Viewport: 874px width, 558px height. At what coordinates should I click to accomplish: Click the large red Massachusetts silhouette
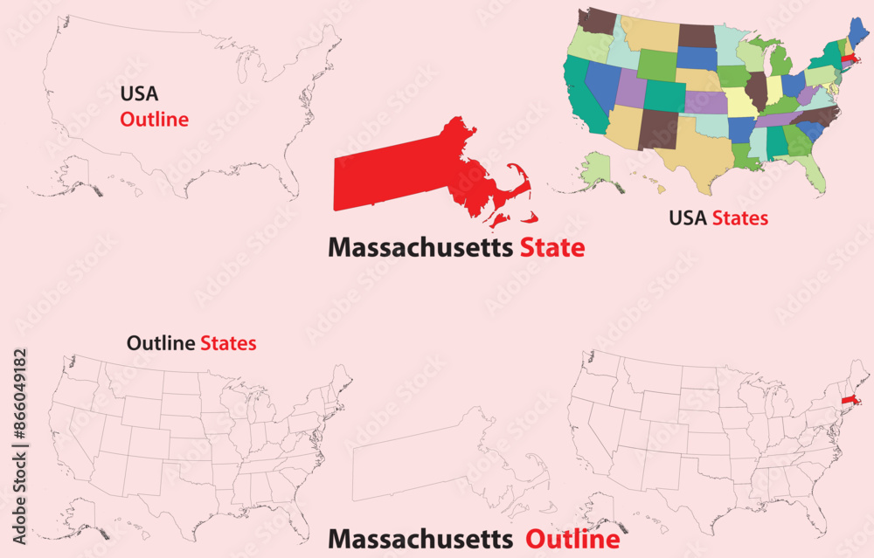pos(402,179)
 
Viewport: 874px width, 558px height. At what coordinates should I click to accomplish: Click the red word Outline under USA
pos(154,120)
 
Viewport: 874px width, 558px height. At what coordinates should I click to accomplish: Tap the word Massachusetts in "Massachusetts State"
pos(420,248)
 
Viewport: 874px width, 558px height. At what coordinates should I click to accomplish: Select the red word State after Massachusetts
pos(552,248)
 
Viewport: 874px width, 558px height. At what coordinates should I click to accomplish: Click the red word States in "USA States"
pos(739,217)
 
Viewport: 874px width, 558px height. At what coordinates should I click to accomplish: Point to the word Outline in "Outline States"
pos(161,343)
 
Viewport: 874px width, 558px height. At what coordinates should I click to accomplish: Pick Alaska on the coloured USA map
pos(597,168)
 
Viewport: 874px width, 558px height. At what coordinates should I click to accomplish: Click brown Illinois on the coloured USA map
pos(758,88)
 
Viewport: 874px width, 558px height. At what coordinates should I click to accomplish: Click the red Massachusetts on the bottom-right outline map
pos(847,401)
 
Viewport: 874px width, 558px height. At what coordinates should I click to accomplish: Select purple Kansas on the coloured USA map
pos(705,103)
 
